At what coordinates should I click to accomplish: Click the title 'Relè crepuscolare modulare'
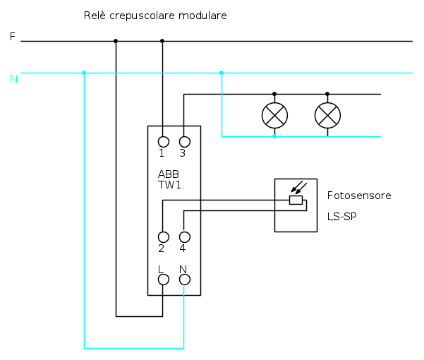click(155, 16)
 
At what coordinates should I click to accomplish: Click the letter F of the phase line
click(12, 37)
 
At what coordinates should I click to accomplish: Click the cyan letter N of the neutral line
click(13, 78)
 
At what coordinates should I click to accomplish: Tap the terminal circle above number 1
click(163, 141)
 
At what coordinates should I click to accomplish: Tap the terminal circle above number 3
click(184, 141)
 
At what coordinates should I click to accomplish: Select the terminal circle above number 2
click(163, 236)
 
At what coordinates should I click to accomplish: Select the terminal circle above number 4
click(184, 236)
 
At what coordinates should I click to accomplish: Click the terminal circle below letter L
click(163, 280)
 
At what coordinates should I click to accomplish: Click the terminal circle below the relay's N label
click(184, 280)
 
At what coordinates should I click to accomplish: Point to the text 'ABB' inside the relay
click(169, 174)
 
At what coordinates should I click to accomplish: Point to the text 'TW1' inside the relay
click(169, 184)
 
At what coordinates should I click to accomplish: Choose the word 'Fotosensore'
click(358, 195)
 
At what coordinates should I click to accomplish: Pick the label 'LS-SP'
click(341, 216)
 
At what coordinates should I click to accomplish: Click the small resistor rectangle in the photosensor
click(296, 200)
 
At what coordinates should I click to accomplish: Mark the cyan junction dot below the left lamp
click(274, 136)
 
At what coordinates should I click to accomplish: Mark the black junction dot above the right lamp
click(327, 94)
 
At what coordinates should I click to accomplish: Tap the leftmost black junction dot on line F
click(116, 41)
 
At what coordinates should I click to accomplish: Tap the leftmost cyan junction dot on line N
click(84, 73)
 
